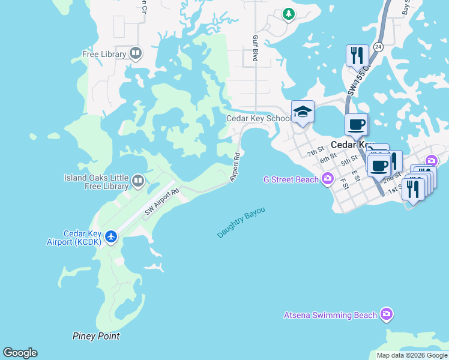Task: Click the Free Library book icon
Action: (136, 54)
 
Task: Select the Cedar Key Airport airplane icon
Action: (110, 237)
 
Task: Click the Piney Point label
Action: (96, 336)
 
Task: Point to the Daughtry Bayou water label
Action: (241, 222)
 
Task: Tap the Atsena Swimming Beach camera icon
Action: (387, 314)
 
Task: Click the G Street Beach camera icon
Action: (327, 178)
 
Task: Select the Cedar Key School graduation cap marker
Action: (303, 112)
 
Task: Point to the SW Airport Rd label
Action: (162, 202)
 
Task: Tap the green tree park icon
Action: (289, 13)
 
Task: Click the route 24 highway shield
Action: (378, 46)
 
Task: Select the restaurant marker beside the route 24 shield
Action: (357, 55)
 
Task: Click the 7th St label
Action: (316, 151)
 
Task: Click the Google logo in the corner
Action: (20, 353)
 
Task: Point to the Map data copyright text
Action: (411, 355)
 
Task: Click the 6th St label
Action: (327, 158)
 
